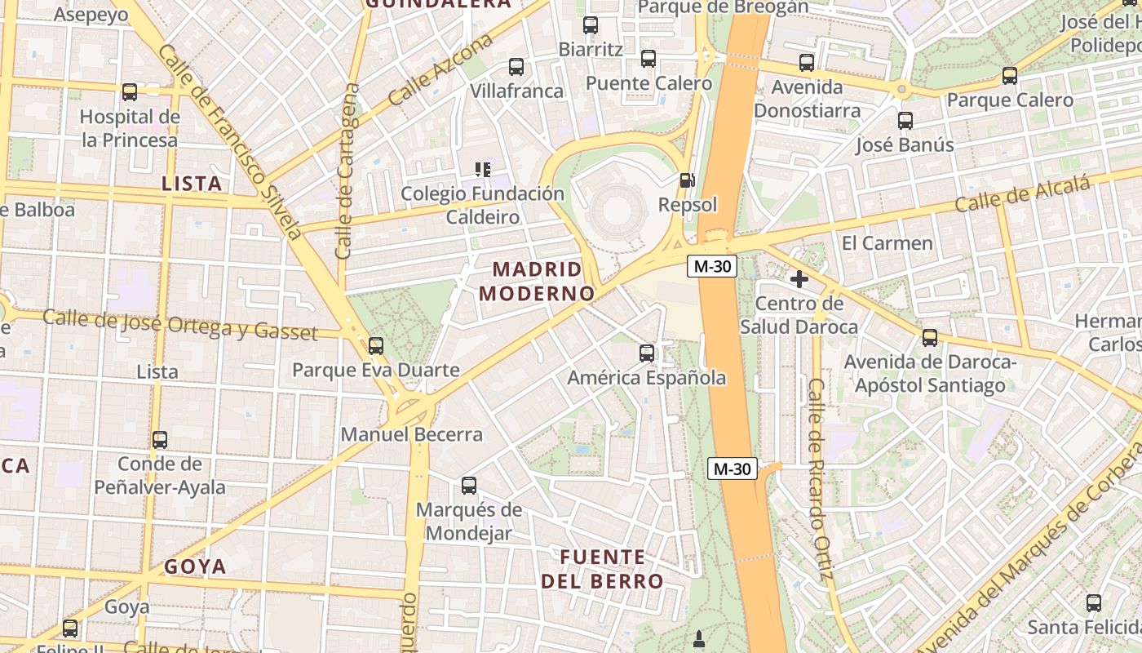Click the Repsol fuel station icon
[x=687, y=180]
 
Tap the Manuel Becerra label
[x=411, y=434]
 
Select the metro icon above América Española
[x=647, y=353]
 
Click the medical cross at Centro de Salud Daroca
[x=799, y=279]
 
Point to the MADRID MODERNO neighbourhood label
[x=538, y=281]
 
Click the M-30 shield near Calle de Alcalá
[x=712, y=266]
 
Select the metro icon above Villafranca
[x=516, y=67]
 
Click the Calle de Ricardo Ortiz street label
[x=819, y=479]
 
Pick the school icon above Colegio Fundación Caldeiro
[x=483, y=170]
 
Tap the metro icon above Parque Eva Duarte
[x=376, y=346]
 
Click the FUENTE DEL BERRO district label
[x=602, y=569]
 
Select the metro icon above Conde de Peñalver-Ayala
[x=160, y=440]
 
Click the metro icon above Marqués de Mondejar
[x=469, y=486]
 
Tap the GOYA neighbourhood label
[x=195, y=566]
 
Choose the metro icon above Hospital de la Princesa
[x=130, y=92]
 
